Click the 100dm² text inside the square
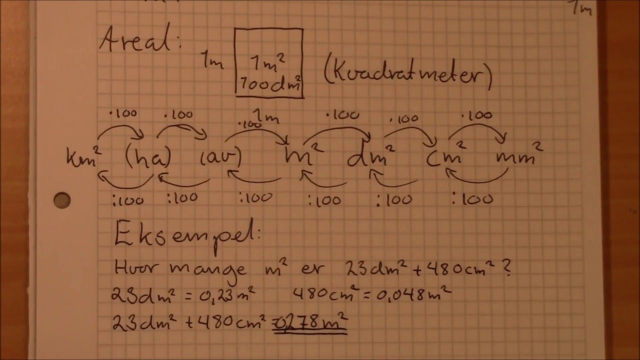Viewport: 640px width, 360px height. point(270,83)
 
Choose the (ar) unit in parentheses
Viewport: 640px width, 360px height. point(221,157)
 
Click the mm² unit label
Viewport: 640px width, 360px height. point(518,156)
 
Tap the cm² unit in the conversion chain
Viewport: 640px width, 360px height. point(446,157)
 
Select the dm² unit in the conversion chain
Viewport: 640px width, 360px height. point(370,157)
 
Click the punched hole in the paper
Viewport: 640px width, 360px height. point(62,200)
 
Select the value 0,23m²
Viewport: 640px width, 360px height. point(228,295)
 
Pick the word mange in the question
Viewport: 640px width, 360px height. point(207,269)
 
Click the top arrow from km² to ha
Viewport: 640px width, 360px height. point(120,131)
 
